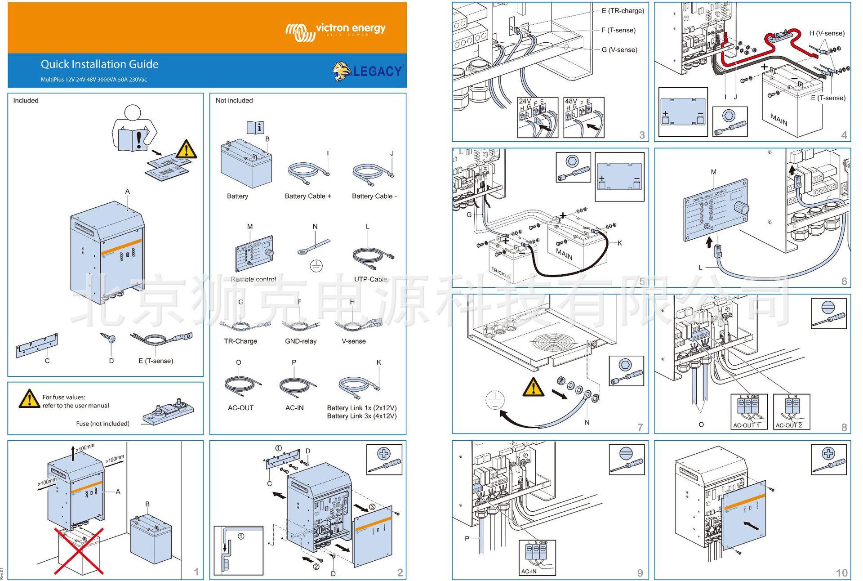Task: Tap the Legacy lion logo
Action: coord(367,72)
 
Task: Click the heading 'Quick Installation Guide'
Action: coord(99,64)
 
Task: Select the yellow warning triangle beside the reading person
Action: coord(186,149)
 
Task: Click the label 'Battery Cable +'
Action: coord(307,196)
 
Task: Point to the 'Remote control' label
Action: coord(253,279)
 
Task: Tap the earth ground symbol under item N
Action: coord(316,266)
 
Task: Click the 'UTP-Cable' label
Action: coord(370,279)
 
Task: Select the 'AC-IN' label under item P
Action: coord(294,408)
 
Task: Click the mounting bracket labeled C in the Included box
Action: coord(37,346)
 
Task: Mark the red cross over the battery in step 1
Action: coord(79,551)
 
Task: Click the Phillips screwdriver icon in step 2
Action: coord(384,460)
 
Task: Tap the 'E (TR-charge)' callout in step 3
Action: coord(622,11)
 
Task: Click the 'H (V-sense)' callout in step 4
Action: coord(826,33)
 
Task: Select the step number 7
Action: coord(640,427)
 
